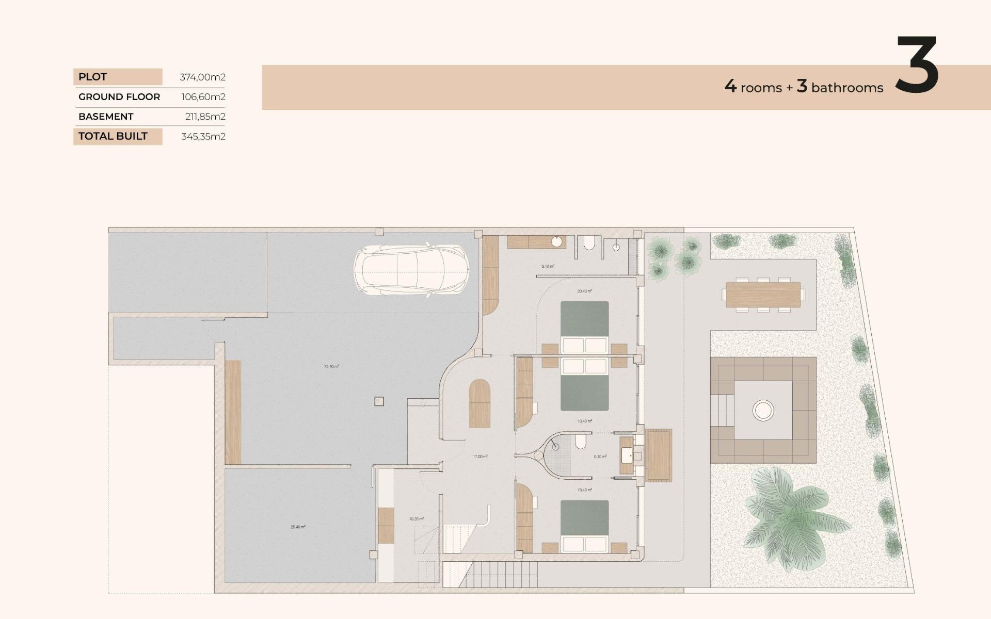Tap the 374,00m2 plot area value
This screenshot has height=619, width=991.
pos(202,77)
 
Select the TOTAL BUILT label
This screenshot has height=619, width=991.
pos(113,136)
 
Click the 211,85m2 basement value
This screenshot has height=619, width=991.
pos(205,117)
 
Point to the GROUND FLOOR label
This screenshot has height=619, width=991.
pos(119,97)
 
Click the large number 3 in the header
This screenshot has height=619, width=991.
pos(917,66)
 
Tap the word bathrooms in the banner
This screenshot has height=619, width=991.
pos(847,88)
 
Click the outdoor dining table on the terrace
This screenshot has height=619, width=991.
pos(763,295)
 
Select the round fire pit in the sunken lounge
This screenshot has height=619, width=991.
pos(763,411)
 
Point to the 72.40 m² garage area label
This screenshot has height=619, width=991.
pos(331,367)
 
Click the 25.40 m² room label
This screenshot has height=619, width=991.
pos(298,527)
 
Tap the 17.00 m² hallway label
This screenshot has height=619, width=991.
pos(480,457)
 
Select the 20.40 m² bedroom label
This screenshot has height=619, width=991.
pos(584,291)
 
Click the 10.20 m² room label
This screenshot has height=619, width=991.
pos(416,519)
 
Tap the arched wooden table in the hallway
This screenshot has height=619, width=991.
pos(479,403)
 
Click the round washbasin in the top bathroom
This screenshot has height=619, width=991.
pos(557,241)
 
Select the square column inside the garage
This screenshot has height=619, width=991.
pos(379,401)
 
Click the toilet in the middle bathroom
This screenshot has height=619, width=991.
pos(581,442)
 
